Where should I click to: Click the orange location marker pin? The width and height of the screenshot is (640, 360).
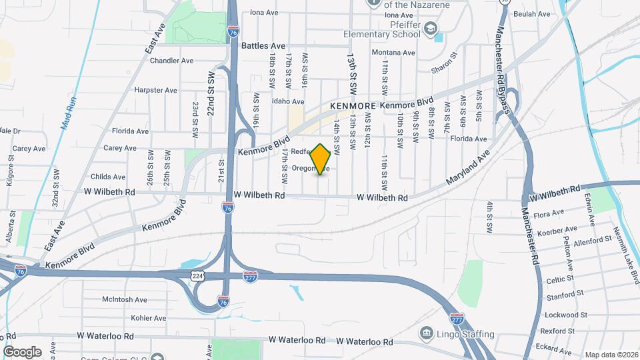tap(321, 159)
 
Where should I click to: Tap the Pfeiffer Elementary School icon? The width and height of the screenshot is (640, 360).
tap(431, 27)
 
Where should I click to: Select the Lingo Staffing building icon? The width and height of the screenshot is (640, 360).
tap(425, 333)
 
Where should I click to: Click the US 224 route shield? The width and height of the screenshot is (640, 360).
tap(199, 276)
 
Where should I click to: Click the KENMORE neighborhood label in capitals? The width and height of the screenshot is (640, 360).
tap(354, 106)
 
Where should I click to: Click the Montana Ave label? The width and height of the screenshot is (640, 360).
tap(393, 53)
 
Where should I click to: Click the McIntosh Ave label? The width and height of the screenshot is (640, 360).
tap(125, 300)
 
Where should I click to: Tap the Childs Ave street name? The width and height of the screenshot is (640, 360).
tap(108, 177)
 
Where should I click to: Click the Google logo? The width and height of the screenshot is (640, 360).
tap(22, 351)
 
